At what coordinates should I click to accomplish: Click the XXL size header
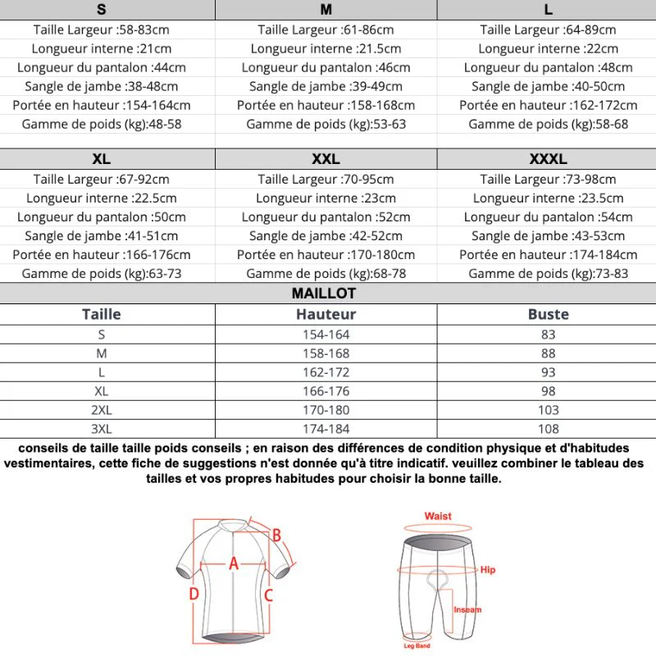point(326,159)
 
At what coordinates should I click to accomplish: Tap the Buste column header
point(548,314)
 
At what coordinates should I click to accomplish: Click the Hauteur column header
point(326,314)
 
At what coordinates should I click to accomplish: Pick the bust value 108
point(548,429)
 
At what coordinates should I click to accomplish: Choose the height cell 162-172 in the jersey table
point(326,372)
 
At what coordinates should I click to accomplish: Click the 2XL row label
point(102,410)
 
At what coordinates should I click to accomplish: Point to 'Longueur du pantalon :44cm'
point(102,67)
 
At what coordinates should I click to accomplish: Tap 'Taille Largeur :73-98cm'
point(548,179)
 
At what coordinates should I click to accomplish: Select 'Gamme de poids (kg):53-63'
point(326,124)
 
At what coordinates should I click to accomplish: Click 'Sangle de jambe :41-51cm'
point(102,235)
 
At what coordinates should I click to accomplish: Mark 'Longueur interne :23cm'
point(326,198)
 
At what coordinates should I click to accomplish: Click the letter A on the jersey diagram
point(233,563)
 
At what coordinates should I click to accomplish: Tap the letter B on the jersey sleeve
point(277,535)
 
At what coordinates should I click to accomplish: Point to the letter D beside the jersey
point(194,594)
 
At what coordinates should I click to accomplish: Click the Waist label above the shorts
point(438,516)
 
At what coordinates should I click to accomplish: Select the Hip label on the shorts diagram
point(488,569)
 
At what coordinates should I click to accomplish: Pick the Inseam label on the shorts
point(467,609)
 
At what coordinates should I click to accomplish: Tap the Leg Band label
point(417,645)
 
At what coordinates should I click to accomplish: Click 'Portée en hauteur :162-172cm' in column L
point(548,105)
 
